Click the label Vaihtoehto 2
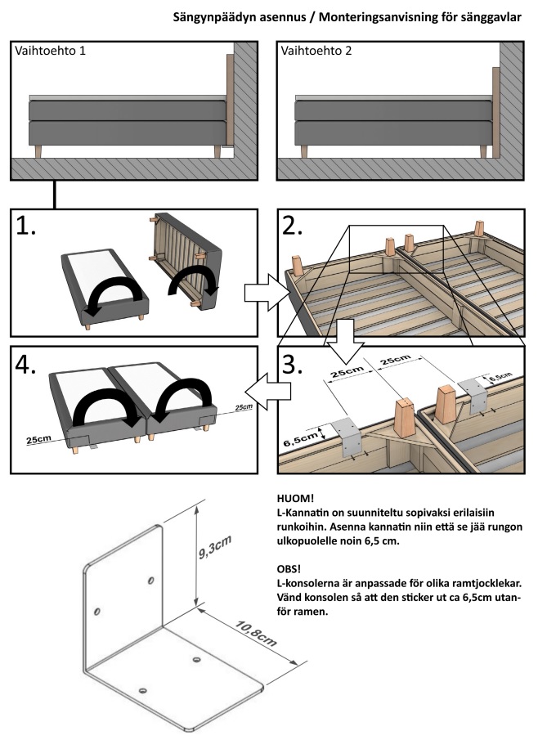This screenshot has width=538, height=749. click(x=316, y=51)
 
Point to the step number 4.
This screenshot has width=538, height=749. click(x=27, y=365)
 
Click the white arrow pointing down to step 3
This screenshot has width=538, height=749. click(x=347, y=338)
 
